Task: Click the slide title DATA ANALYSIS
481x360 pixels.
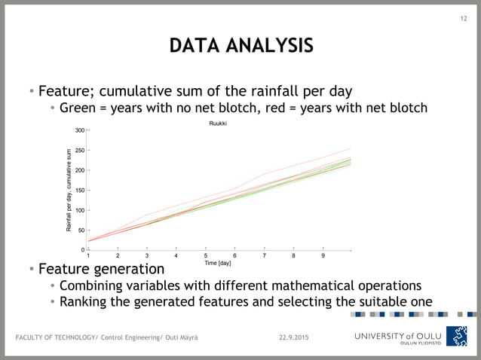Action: pos(240,46)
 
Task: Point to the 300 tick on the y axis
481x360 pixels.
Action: pos(79,131)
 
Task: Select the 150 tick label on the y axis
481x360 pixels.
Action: pos(79,191)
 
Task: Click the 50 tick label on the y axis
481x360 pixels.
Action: pos(81,230)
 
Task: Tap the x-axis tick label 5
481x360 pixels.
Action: pos(205,256)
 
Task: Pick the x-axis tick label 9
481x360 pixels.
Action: pos(323,256)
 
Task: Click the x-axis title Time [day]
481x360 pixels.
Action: pos(218,264)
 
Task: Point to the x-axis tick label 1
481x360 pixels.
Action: pos(88,256)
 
